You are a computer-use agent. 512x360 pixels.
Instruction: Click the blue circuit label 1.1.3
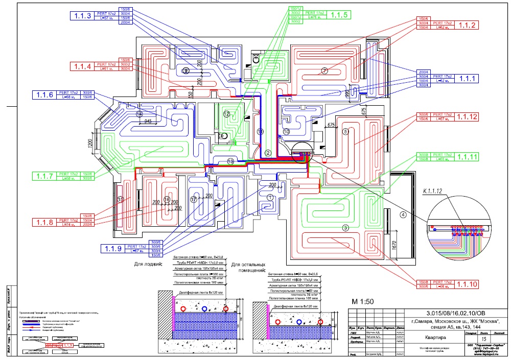point(83,16)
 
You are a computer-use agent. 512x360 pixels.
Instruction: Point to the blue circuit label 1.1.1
point(467,78)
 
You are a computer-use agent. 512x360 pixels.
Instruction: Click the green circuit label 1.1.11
point(467,157)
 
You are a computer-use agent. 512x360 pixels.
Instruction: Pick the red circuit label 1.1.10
point(467,284)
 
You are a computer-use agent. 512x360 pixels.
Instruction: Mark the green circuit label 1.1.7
point(44,176)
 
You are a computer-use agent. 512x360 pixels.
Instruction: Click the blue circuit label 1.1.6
point(44,94)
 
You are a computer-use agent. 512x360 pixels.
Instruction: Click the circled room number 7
point(323,70)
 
